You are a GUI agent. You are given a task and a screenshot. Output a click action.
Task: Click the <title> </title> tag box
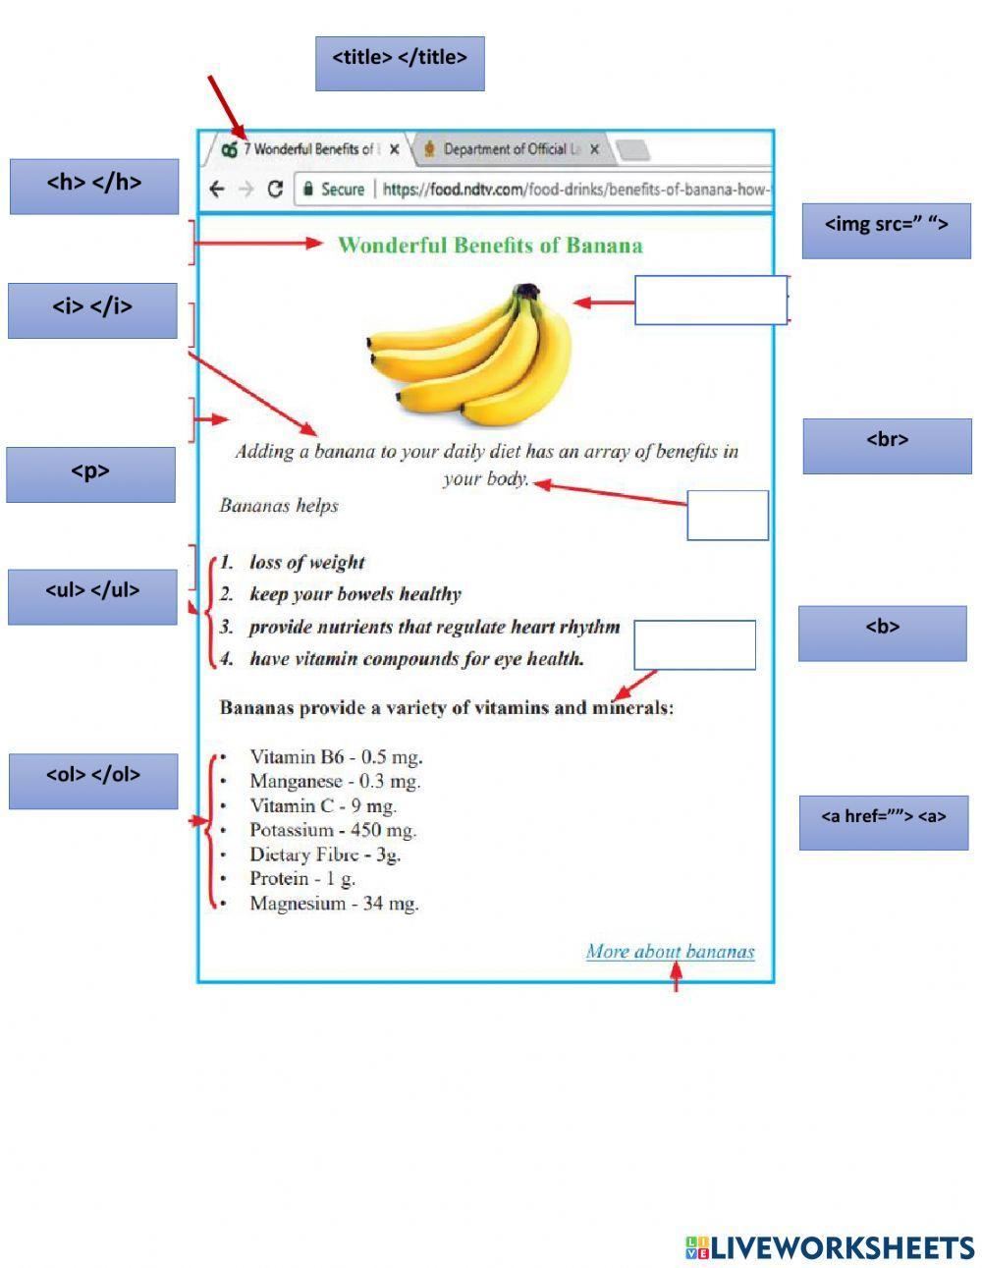pos(400,64)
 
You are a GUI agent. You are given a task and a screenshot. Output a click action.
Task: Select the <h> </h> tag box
pos(94,187)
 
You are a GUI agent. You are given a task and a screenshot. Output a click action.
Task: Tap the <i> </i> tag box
pos(92,310)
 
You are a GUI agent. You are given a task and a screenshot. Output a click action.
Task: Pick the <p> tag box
pos(90,474)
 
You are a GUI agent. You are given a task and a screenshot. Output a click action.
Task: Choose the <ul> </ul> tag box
pos(92,596)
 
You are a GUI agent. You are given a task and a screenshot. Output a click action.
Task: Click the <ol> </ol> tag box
pos(93,781)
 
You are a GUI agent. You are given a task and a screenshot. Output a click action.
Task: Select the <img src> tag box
pos(886,231)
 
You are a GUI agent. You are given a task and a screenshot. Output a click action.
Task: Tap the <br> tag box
pos(887,446)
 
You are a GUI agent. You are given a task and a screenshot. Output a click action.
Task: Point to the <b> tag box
pos(882,633)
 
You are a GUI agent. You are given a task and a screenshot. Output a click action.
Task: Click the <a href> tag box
pos(883,822)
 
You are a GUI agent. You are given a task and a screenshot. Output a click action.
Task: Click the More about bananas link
pos(670,951)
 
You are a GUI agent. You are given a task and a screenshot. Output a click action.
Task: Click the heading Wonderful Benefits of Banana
pos(490,246)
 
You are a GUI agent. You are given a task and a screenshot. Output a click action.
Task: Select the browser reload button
pos(275,189)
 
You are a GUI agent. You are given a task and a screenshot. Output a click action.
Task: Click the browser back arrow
pos(217,189)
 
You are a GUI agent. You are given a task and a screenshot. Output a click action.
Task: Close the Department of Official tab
pos(594,149)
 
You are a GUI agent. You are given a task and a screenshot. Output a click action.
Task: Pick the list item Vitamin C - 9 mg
pos(323,805)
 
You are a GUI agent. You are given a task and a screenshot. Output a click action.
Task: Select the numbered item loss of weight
pos(306,562)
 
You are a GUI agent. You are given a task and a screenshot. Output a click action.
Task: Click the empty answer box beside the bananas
pos(710,300)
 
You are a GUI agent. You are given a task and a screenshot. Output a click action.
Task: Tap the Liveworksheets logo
pos(830,1247)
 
